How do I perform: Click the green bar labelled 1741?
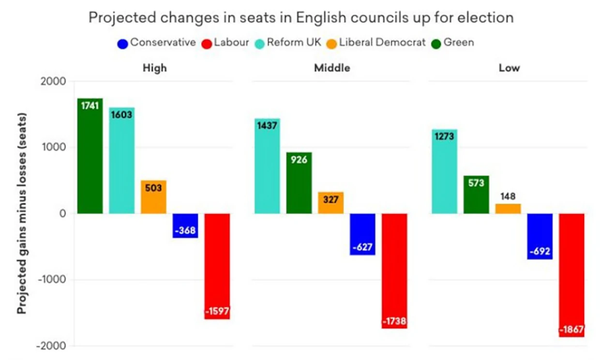click(x=90, y=156)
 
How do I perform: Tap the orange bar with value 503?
click(x=153, y=197)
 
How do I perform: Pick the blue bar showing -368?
click(x=185, y=225)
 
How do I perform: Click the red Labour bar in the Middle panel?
click(x=395, y=271)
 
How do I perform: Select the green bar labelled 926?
click(x=299, y=183)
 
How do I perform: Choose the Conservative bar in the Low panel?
click(x=540, y=236)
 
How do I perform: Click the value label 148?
click(x=508, y=197)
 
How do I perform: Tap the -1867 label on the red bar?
click(x=572, y=330)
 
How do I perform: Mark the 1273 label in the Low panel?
click(x=444, y=136)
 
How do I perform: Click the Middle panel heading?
click(x=332, y=68)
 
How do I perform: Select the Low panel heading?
click(x=509, y=68)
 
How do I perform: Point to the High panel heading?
click(x=155, y=68)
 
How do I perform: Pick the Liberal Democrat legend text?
click(x=382, y=43)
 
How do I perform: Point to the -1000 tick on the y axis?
click(x=53, y=280)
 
